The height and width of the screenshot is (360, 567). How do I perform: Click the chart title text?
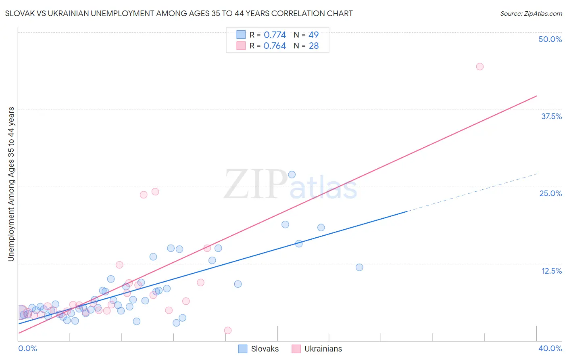click(x=179, y=14)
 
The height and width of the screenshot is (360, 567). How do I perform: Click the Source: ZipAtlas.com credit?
click(x=531, y=14)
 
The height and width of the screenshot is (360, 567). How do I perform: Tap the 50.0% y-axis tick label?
click(x=550, y=39)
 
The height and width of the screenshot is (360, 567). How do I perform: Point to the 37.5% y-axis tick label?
click(x=551, y=116)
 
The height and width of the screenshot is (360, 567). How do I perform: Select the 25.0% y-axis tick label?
click(x=550, y=193)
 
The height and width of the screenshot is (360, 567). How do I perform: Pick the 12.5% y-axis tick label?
click(x=551, y=271)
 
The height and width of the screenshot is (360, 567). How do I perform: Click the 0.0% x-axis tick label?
click(x=27, y=348)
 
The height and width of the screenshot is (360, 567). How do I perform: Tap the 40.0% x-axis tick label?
click(x=550, y=348)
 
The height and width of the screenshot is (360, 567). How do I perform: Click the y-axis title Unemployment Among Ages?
click(x=11, y=184)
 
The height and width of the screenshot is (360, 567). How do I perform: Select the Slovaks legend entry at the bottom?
click(x=258, y=349)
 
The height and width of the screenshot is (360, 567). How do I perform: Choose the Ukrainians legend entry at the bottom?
click(x=317, y=349)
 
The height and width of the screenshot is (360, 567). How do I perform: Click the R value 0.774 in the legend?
click(x=275, y=35)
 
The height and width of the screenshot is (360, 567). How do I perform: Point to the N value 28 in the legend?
click(x=314, y=46)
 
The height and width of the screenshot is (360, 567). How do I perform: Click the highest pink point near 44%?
click(x=479, y=67)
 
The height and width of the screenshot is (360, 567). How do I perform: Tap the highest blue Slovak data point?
click(x=292, y=174)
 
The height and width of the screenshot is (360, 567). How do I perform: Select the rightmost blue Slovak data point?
click(x=359, y=267)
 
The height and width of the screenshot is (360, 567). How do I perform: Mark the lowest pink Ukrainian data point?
click(x=227, y=331)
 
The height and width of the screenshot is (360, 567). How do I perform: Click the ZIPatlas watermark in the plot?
click(x=290, y=184)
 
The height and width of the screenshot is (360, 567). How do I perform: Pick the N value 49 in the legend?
click(x=313, y=35)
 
